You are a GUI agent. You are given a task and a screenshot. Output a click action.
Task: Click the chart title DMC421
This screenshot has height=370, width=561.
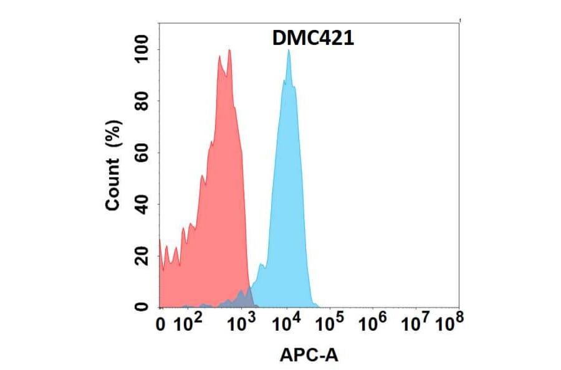coord(314,39)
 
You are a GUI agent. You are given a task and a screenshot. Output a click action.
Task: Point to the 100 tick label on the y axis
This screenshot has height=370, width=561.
coord(143,50)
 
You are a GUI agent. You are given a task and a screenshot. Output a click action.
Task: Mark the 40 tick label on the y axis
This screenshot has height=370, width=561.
coord(143,204)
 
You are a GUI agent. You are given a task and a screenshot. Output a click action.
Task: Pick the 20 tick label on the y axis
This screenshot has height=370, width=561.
coord(143,255)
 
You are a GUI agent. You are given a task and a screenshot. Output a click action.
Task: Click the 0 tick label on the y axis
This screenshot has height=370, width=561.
coord(143,306)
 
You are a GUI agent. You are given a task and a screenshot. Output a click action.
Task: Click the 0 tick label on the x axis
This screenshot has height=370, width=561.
coord(161,325)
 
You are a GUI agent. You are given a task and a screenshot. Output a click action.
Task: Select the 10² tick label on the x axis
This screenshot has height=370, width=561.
coord(187,323)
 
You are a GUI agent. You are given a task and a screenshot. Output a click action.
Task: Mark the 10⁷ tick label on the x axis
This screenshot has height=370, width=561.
coord(416,323)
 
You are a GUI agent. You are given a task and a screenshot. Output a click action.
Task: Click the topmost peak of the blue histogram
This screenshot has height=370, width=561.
coord(289,51)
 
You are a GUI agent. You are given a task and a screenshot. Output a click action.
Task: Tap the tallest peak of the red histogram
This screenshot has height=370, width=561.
coord(230,50)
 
